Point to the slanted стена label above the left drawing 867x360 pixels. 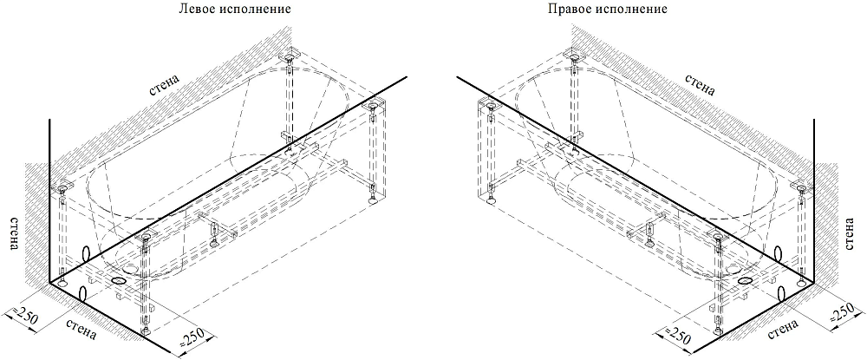(165, 86)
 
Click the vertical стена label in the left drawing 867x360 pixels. (15, 233)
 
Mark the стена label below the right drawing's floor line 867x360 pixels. (783, 329)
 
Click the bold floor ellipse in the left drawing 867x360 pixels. (118, 281)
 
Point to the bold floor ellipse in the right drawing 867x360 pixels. (746, 281)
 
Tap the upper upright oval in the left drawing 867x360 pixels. (86, 254)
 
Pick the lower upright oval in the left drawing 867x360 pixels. (83, 294)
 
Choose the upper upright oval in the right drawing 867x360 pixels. (779, 254)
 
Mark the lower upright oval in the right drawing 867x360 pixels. (782, 294)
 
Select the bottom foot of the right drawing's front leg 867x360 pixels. (717, 331)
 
